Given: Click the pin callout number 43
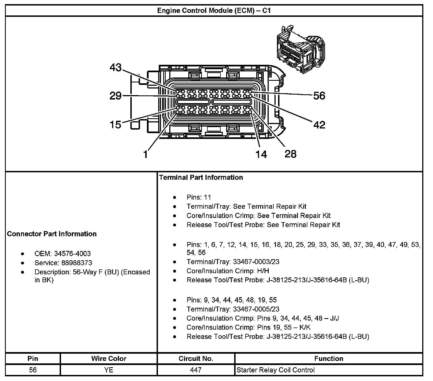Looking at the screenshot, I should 115,67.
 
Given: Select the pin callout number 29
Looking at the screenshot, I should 115,96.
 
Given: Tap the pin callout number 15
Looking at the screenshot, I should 115,125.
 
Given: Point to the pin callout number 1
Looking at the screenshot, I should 146,154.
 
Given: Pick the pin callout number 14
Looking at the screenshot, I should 261,154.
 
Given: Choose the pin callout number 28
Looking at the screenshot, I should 290,154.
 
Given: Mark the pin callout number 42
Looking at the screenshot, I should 319,125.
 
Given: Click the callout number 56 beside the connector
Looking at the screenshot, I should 319,96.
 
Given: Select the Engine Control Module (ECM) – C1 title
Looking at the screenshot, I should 214,11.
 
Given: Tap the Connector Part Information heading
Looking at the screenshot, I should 52,234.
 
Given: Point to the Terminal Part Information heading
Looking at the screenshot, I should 201,177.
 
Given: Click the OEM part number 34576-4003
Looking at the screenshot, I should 72,254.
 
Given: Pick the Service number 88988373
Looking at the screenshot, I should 77,263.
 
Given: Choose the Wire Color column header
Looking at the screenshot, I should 109,358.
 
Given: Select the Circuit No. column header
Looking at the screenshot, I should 196,358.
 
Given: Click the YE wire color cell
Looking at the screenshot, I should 109,370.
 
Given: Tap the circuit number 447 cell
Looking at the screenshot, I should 196,370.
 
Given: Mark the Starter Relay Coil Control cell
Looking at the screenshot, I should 275,370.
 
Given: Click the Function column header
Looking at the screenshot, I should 329,358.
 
